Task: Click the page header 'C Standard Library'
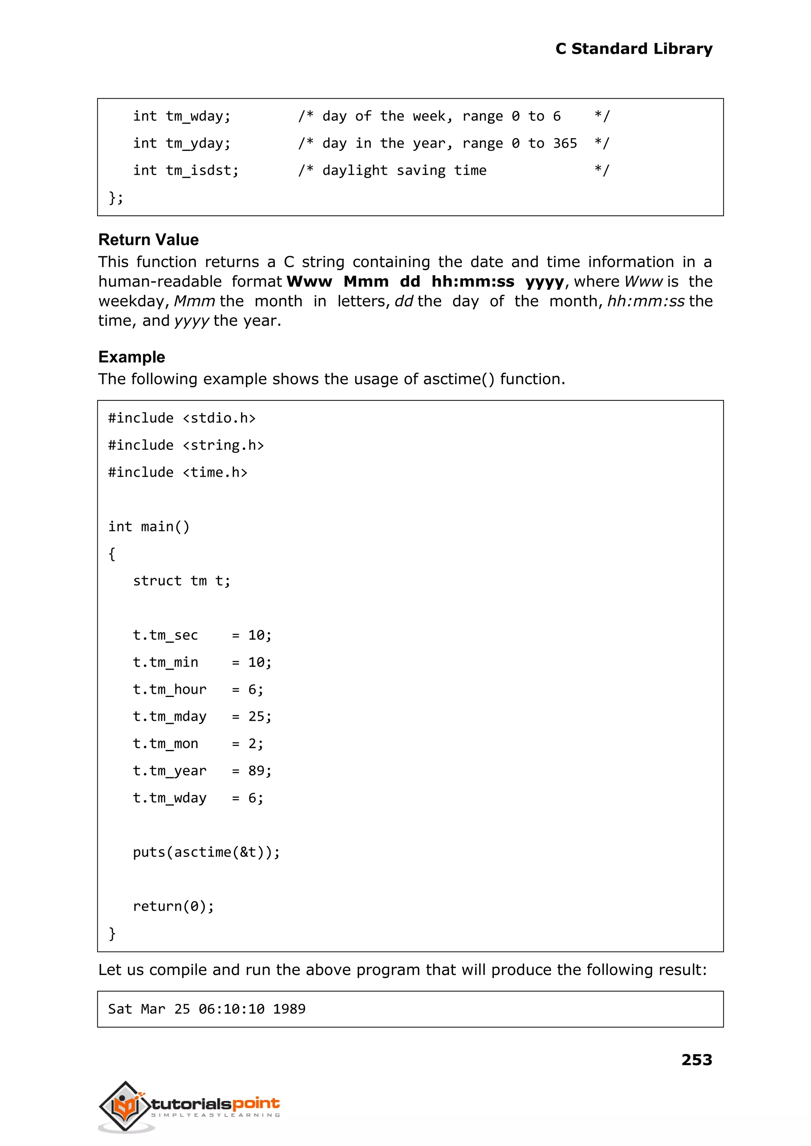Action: tap(633, 48)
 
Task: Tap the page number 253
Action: tap(696, 1059)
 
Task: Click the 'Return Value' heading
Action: tap(148, 240)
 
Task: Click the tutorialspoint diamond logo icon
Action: tap(125, 1106)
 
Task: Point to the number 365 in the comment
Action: tap(565, 143)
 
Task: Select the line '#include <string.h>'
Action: tap(186, 445)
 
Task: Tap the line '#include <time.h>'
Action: tap(178, 472)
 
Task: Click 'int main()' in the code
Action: tap(149, 526)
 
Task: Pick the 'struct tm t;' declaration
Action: tap(181, 581)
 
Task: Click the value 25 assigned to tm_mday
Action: tap(256, 717)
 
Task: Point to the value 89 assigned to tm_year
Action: tap(256, 771)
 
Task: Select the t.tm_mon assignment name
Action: tap(165, 744)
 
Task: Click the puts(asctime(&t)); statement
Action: tap(206, 852)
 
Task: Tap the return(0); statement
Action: tap(173, 906)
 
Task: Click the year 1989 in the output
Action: tap(289, 1009)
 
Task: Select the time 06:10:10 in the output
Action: tap(231, 1009)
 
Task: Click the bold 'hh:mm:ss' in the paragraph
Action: tap(472, 282)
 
